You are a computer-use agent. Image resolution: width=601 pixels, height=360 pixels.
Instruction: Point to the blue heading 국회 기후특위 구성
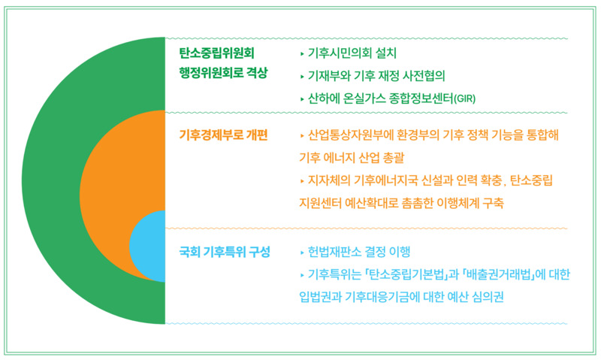[225, 251]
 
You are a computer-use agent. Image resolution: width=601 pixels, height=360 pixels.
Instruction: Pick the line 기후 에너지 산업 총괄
[350, 159]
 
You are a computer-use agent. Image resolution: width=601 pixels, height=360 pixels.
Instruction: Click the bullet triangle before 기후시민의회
[301, 53]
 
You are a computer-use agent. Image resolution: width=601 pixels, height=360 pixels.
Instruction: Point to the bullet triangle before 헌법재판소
[301, 252]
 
